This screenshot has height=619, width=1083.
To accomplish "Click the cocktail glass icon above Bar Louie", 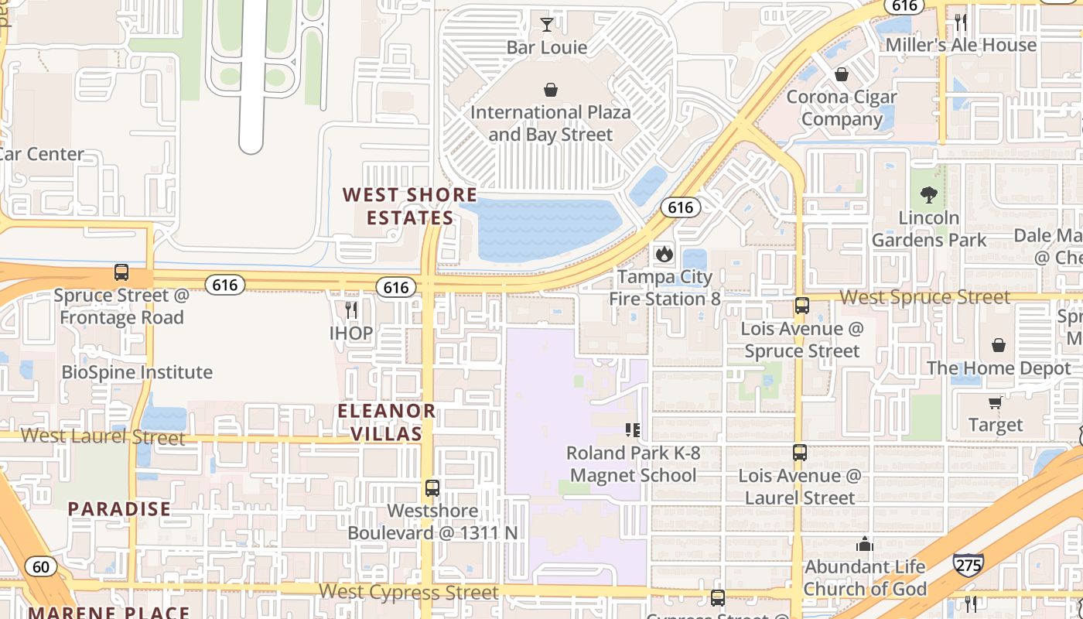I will click(x=547, y=24).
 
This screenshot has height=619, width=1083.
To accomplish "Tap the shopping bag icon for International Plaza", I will click(x=550, y=90).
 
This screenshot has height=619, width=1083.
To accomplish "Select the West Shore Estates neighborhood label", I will click(x=410, y=206).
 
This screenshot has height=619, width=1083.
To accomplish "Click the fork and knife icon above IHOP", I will click(x=351, y=310).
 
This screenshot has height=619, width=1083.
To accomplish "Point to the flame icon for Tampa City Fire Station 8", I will click(x=664, y=254).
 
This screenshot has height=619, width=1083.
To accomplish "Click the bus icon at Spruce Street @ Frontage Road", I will click(x=121, y=272).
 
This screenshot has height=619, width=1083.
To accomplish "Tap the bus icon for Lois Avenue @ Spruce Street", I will click(x=802, y=306).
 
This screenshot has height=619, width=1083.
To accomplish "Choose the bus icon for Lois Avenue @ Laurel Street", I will click(x=800, y=453).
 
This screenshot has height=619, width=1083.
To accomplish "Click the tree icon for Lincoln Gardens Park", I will click(x=929, y=195).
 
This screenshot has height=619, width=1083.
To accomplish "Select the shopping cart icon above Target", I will click(x=995, y=402).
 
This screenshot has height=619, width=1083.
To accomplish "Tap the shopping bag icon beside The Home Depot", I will click(x=999, y=345).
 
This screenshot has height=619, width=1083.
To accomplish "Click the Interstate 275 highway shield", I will click(x=968, y=565).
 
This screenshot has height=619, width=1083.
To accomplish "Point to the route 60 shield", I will click(x=40, y=567).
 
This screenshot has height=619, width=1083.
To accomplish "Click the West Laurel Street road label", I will click(x=103, y=436).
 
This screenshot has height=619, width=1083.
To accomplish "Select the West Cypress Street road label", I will click(x=408, y=593).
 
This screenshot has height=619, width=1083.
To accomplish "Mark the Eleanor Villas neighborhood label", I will click(x=387, y=422).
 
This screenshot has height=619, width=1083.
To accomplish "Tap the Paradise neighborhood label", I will click(x=119, y=509).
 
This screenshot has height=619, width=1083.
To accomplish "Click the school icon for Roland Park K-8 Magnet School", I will click(x=633, y=429).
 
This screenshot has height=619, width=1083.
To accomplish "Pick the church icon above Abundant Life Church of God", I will click(x=865, y=545).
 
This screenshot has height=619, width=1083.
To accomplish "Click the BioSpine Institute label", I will click(x=137, y=372).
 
